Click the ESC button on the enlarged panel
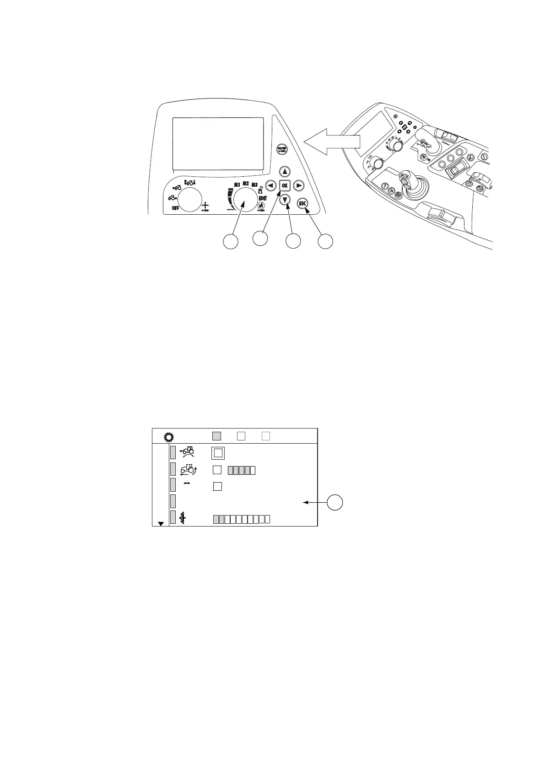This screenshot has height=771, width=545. click(x=302, y=203)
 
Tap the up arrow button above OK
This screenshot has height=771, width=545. click(x=285, y=171)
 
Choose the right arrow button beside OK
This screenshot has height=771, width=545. click(x=298, y=185)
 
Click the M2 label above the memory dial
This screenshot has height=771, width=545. click(x=246, y=183)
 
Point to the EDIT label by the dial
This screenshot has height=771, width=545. click(x=263, y=199)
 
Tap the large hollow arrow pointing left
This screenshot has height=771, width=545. click(x=332, y=142)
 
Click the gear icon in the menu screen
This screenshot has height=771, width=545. click(x=168, y=436)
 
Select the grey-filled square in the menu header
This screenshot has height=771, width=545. click(x=217, y=436)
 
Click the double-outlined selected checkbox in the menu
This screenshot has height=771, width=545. click(x=218, y=453)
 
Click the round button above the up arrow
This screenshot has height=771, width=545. click(x=281, y=149)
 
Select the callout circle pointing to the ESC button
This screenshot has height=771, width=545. click(x=325, y=242)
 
